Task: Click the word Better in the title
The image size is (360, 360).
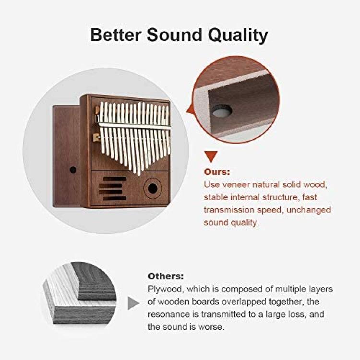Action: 116,35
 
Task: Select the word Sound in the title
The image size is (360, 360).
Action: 175,35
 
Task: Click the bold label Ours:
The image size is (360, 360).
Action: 217,172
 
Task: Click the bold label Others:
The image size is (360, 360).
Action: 166,276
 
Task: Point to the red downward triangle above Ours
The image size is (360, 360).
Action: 211,156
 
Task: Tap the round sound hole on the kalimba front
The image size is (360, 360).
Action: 153,189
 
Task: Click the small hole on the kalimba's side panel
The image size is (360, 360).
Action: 73,170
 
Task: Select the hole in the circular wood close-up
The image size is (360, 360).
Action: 222,111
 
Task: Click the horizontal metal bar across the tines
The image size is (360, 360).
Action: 134,126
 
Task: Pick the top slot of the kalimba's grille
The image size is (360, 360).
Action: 115,179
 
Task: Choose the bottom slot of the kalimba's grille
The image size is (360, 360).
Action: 115,198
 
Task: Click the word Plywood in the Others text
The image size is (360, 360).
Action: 166,289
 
